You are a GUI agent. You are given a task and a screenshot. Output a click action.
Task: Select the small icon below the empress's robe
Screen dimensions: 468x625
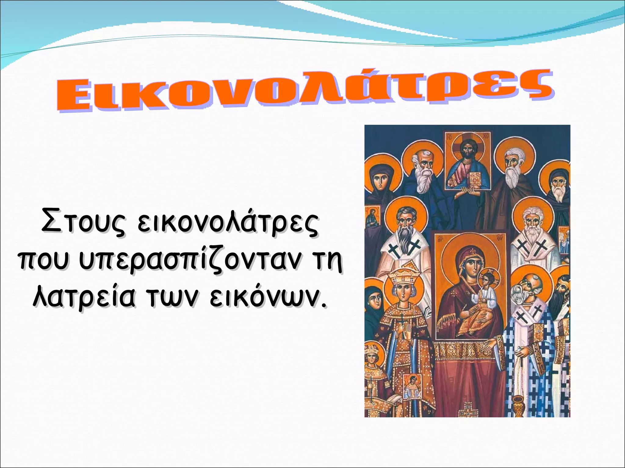[412, 386]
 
